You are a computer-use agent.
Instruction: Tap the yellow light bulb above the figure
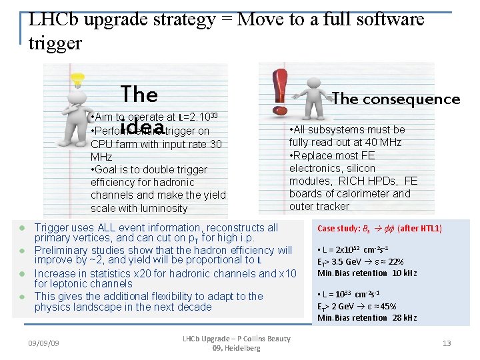tap(79, 81)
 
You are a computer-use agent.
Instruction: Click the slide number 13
tap(447, 343)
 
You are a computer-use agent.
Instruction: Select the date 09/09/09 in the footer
tap(43, 343)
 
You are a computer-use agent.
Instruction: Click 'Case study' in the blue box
tap(338, 229)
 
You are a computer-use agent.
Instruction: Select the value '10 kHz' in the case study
tap(404, 273)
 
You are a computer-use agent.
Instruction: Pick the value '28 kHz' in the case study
tap(404, 318)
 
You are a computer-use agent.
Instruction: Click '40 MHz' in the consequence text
tap(381, 143)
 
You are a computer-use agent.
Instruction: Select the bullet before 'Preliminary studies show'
tap(22, 251)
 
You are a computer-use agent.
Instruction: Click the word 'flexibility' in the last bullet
tap(194, 296)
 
